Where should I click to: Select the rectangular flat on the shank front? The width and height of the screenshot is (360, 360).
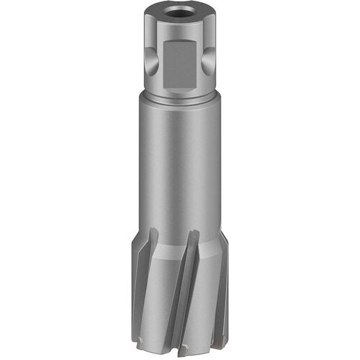(x=181, y=64)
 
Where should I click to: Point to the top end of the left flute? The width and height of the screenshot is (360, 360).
(x=153, y=233)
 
